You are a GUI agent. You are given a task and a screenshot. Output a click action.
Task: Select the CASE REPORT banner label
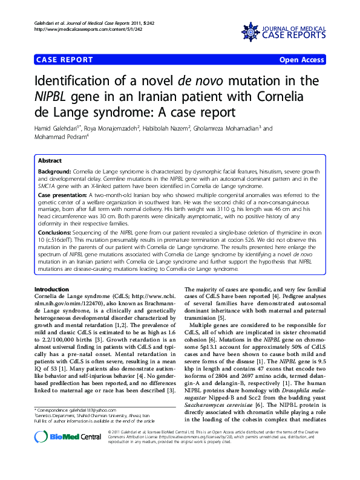(x=65, y=60)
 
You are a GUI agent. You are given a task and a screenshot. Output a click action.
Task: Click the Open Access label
(x=302, y=60)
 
